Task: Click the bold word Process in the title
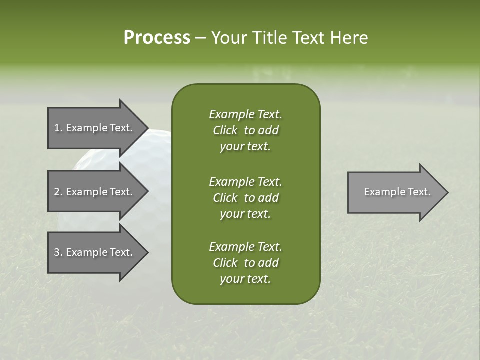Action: tap(157, 38)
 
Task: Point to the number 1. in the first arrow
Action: tap(58, 128)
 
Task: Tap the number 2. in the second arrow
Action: tap(58, 192)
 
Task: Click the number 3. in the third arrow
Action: tap(58, 252)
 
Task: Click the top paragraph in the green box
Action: tap(245, 130)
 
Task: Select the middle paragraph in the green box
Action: tap(245, 197)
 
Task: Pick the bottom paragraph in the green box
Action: tap(245, 263)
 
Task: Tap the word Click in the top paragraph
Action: tap(225, 130)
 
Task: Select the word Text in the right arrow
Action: tap(419, 192)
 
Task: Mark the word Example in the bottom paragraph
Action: tap(231, 247)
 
